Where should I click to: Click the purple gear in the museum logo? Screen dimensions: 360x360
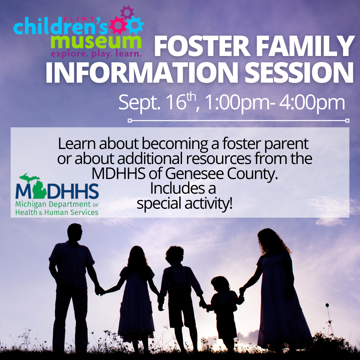[x=127, y=12]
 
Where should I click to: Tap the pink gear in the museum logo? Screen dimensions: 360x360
[x=118, y=25]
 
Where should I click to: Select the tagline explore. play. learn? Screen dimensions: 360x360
[x=96, y=54]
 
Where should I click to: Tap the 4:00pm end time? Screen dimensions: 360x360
[x=312, y=103]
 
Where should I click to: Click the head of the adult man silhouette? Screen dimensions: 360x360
[x=75, y=232]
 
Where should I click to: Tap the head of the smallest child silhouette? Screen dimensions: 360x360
[x=220, y=284]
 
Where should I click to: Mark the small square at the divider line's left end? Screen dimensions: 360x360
[x=130, y=121]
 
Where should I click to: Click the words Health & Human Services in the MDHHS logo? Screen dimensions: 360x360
[x=57, y=212]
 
